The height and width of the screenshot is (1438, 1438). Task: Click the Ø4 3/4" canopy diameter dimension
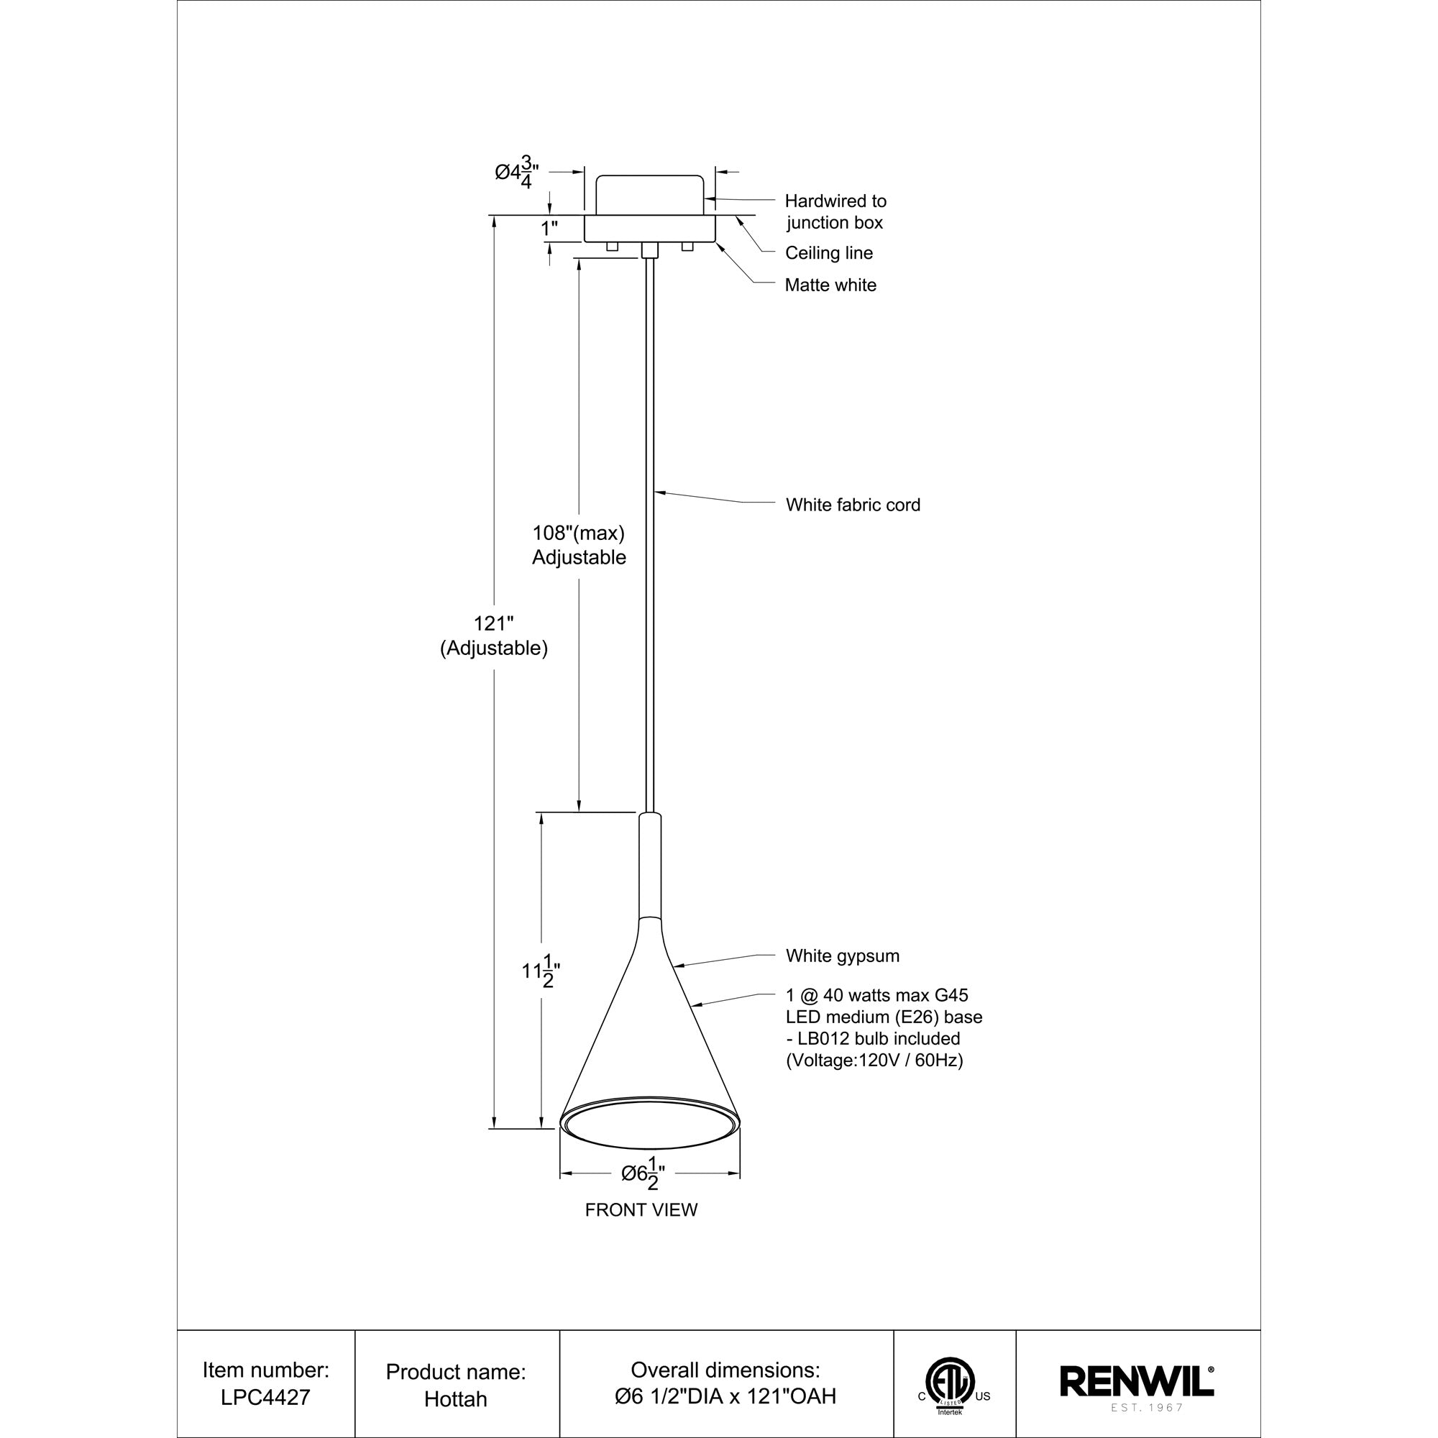click(516, 173)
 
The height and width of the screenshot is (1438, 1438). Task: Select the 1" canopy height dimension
click(549, 229)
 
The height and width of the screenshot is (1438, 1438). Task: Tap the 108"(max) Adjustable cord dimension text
click(578, 545)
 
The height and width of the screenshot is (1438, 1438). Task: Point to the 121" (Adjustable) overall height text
click(493, 636)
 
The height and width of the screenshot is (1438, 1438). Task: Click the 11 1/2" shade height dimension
click(541, 971)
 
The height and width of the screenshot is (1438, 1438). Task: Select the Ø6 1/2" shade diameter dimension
click(643, 1174)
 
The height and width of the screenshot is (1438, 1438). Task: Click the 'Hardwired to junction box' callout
click(835, 211)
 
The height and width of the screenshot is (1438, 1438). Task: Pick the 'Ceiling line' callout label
click(828, 253)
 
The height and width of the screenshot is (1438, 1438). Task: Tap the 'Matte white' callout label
click(830, 285)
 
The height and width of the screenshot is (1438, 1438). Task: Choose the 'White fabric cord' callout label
click(853, 505)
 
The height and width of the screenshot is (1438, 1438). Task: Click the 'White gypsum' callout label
click(843, 956)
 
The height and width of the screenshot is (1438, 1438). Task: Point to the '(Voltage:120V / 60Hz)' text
click(874, 1060)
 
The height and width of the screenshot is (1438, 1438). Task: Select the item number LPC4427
click(265, 1397)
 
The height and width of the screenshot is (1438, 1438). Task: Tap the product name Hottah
click(456, 1398)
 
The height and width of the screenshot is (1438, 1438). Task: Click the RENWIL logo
click(1137, 1381)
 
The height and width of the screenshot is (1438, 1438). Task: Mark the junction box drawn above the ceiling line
click(650, 195)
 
